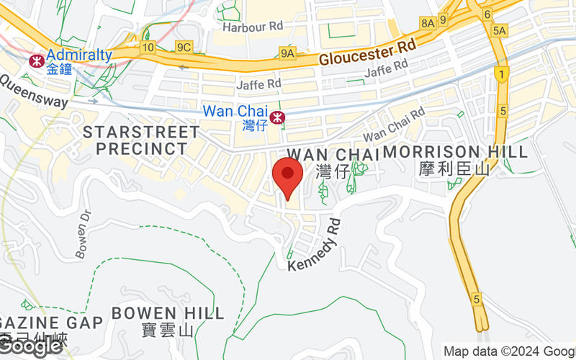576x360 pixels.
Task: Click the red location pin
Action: coord(288,177)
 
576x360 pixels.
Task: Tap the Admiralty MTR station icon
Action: coord(35,60)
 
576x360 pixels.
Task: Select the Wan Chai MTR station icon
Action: coord(276,117)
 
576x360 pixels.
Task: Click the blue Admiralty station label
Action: coord(79,55)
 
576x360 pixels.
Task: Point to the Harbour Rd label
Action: coord(253,27)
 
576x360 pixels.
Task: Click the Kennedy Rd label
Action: coord(314,246)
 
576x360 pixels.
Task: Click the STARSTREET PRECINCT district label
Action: coord(141,140)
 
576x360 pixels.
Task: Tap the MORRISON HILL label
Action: coord(455,152)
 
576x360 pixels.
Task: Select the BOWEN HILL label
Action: coord(168,313)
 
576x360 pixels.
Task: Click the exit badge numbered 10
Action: coord(148,48)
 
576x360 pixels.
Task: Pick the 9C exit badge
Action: coord(184,48)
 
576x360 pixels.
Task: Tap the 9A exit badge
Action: coord(288,53)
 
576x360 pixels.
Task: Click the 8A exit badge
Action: coord(428,23)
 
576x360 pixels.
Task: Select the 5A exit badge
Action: coord(500,30)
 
